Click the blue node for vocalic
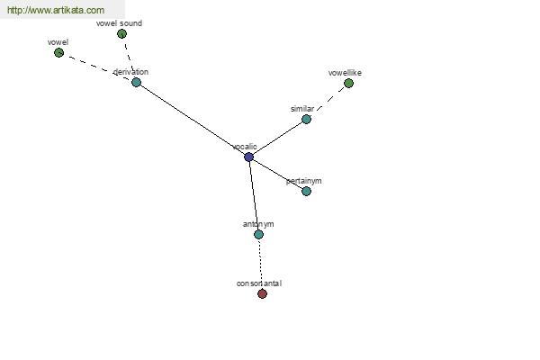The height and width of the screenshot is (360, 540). pos(248,157)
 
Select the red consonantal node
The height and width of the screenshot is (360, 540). pos(263,294)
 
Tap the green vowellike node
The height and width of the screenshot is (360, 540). pos(348,84)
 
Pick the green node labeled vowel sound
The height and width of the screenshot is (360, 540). pos(121,34)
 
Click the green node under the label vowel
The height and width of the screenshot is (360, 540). pos(58,53)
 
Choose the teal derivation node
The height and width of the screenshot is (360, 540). pos(137,82)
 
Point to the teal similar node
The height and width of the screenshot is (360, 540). pos(306,119)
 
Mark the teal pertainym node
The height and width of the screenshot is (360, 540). pos(306,191)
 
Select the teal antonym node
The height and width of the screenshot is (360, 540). pos(258,235)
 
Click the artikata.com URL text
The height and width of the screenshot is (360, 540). pos(56,10)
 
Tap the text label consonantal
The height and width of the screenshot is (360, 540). pos(259,283)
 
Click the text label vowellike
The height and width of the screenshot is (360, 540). pos(345,73)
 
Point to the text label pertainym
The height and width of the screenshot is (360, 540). pos(304,181)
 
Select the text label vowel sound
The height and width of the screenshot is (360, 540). pos(119,23)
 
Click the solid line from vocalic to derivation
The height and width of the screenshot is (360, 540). pos(193,120)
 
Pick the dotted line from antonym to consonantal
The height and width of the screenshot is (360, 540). pos(261,265)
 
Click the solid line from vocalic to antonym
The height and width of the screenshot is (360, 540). pos(254,195)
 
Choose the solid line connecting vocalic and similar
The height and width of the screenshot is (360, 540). pos(277,138)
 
